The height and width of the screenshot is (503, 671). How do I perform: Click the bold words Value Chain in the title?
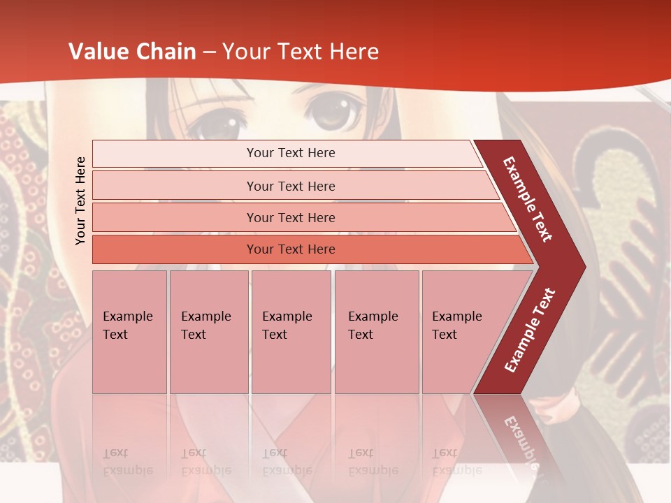tap(132, 52)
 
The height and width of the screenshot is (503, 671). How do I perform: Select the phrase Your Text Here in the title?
tap(301, 52)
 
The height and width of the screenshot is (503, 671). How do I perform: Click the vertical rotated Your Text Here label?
tap(80, 201)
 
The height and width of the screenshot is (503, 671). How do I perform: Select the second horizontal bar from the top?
tap(290, 186)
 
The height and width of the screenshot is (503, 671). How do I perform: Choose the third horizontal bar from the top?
tap(290, 217)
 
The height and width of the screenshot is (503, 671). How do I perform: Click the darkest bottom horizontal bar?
tap(290, 249)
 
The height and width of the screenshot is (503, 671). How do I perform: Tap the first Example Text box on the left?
tap(129, 331)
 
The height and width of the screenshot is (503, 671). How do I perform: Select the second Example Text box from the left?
tap(209, 331)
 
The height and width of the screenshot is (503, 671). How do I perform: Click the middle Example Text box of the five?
tap(291, 331)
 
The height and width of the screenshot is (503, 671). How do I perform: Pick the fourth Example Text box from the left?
tap(377, 331)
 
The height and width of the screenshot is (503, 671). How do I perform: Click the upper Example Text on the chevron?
tap(528, 199)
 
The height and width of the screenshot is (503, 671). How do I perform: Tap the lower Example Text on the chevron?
tap(530, 330)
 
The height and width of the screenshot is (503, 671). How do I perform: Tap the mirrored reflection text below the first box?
tap(127, 461)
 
